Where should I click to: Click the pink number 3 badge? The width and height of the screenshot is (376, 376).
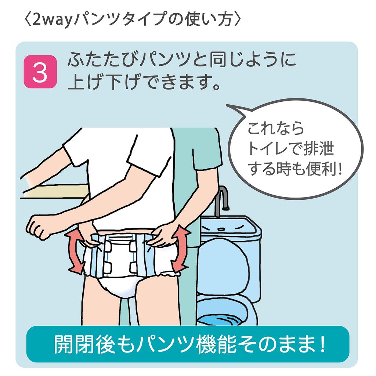pos(40,72)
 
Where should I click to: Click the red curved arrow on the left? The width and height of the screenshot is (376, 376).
pos(73,252)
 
